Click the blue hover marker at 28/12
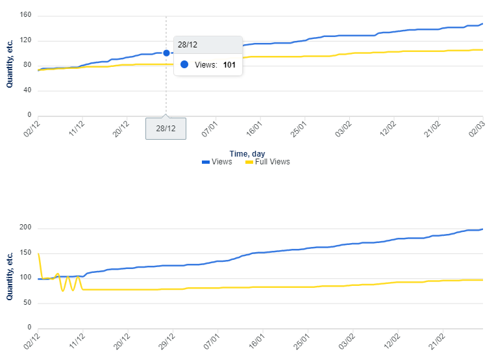click(166, 53)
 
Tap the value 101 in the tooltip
click(229, 65)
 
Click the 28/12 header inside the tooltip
click(188, 44)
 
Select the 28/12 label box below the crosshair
click(166, 128)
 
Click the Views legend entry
click(217, 162)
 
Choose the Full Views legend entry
click(268, 162)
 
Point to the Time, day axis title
click(247, 153)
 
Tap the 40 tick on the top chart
click(28, 91)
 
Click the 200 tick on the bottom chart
click(26, 228)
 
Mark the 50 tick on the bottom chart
click(28, 303)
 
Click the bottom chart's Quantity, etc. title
click(10, 276)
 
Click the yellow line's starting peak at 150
click(39, 253)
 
